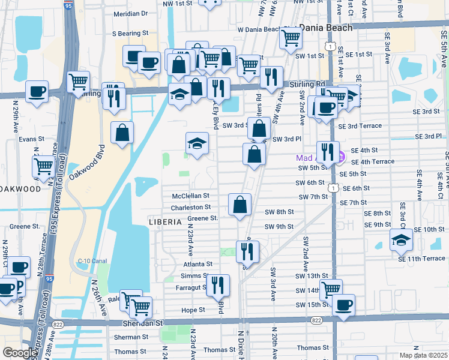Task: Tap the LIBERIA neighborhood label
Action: point(165,222)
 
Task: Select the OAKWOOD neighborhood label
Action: point(20,188)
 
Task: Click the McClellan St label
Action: point(190,196)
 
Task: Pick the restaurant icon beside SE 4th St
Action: point(328,152)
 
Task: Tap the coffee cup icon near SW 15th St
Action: point(343,304)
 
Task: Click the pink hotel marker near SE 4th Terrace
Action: point(340,158)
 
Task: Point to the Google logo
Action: point(20,353)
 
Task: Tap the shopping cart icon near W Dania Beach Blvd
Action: point(291,37)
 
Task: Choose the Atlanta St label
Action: point(197,264)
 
